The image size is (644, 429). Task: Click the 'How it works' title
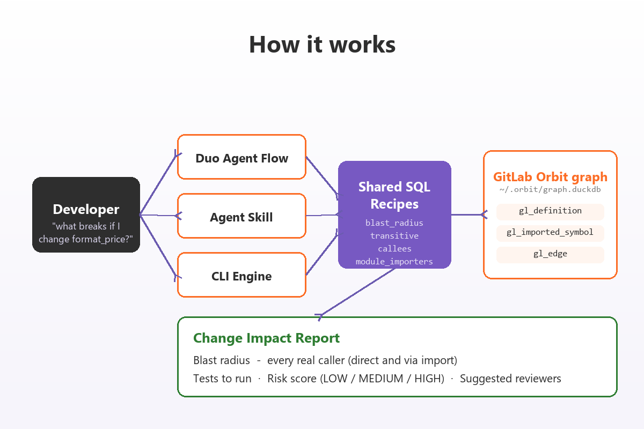pyautogui.click(x=323, y=45)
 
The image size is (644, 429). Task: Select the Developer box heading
pyautogui.click(x=86, y=209)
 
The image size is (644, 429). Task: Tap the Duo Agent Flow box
pyautogui.click(x=241, y=157)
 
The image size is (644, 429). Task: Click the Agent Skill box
pyautogui.click(x=241, y=216)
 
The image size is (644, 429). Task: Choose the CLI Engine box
pyautogui.click(x=241, y=275)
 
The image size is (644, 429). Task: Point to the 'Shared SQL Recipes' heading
pyautogui.click(x=394, y=195)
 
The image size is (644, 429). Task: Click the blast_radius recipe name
pyautogui.click(x=394, y=223)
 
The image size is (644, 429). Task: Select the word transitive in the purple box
pyautogui.click(x=394, y=236)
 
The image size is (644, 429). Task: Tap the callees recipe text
pyautogui.click(x=394, y=249)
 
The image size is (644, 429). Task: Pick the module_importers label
pyautogui.click(x=394, y=262)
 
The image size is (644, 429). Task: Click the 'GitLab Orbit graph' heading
pyautogui.click(x=550, y=177)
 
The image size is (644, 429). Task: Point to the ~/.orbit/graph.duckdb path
pyautogui.click(x=550, y=190)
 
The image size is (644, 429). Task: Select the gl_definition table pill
pyautogui.click(x=550, y=212)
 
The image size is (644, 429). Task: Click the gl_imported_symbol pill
pyautogui.click(x=550, y=233)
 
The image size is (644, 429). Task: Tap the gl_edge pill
pyautogui.click(x=550, y=255)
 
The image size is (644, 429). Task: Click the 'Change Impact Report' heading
pyautogui.click(x=267, y=338)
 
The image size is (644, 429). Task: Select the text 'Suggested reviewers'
pyautogui.click(x=510, y=379)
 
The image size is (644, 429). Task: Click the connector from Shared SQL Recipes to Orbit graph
pyautogui.click(x=469, y=214)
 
